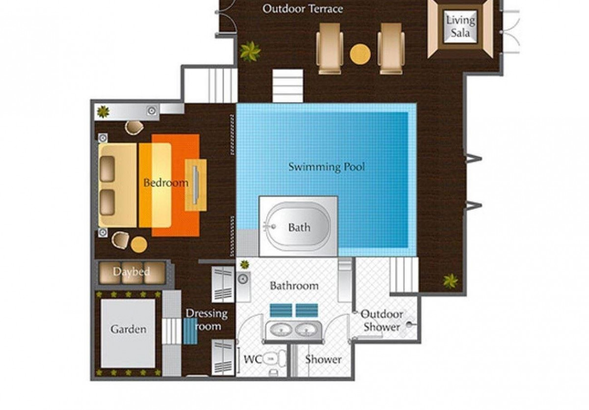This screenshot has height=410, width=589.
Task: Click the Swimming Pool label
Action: [x=326, y=167]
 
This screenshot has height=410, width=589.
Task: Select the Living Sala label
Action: [x=460, y=27]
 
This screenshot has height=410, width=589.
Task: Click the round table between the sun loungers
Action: [x=360, y=54]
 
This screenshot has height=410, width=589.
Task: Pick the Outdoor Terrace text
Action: [x=303, y=9]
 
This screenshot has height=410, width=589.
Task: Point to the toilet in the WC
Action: [x=274, y=359]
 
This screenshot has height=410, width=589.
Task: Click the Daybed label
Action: [x=131, y=272]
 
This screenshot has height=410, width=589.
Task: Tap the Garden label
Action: [x=128, y=329]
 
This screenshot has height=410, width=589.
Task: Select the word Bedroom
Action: [x=166, y=183]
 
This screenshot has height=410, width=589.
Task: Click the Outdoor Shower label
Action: [x=381, y=321]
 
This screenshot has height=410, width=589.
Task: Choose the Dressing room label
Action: [x=207, y=320]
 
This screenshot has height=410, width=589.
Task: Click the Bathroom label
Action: [x=294, y=286]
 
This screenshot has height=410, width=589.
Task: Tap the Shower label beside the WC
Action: [x=323, y=359]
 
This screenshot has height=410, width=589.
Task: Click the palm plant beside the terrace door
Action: [x=250, y=51]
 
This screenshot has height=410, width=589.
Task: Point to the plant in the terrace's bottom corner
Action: [x=451, y=280]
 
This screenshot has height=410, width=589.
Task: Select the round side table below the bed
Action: [x=139, y=245]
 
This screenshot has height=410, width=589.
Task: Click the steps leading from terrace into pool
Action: [x=288, y=86]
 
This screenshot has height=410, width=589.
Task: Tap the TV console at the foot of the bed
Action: [x=196, y=185]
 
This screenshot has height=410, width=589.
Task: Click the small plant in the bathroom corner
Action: [x=244, y=264]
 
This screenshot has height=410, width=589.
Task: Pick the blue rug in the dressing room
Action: [x=190, y=331]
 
